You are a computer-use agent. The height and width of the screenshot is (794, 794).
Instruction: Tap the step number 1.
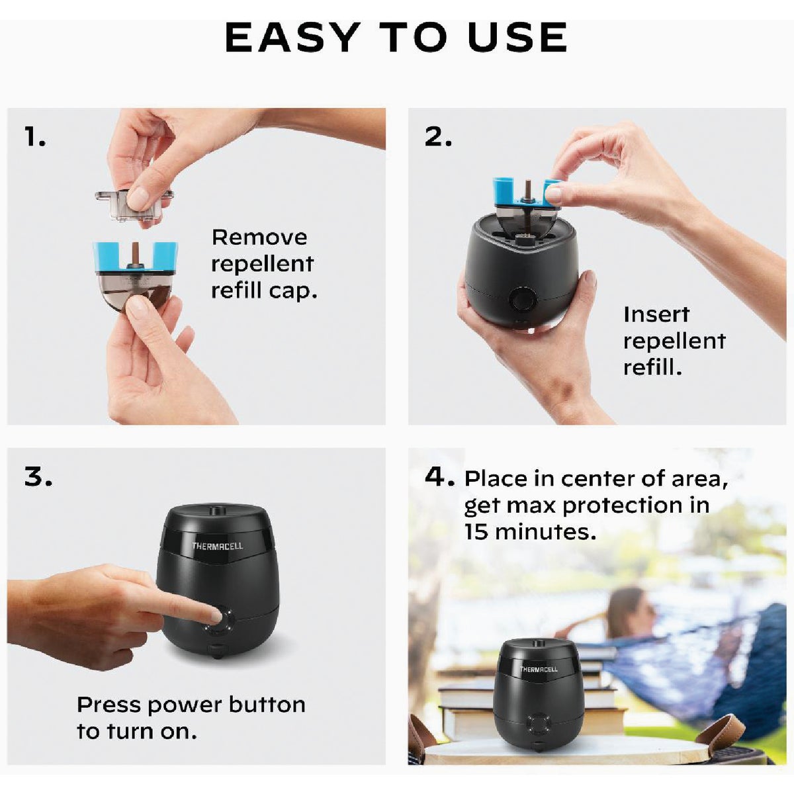35,137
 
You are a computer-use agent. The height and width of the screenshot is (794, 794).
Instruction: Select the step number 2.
438,137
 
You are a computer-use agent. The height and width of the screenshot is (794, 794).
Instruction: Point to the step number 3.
38,476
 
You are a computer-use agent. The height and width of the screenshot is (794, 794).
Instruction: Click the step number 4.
439,476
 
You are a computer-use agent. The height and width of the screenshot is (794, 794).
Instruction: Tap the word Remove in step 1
259,237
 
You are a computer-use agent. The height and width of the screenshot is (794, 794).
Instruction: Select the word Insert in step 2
656,314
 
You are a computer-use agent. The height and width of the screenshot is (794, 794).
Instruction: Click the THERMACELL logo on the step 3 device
217,546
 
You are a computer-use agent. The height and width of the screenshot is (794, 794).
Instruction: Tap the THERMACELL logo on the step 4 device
538,670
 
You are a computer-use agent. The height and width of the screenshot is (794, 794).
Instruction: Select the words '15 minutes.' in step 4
530,532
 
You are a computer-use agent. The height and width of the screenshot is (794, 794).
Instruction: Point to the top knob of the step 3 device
215,510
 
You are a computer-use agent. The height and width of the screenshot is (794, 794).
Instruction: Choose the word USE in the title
517,38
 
